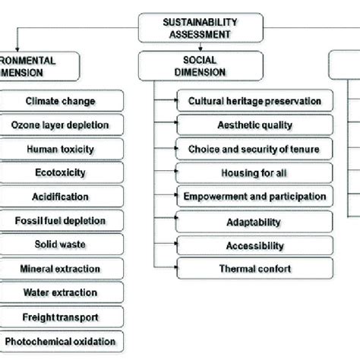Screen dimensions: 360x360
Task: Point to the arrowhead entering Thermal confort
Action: pyautogui.click(x=176, y=267)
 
